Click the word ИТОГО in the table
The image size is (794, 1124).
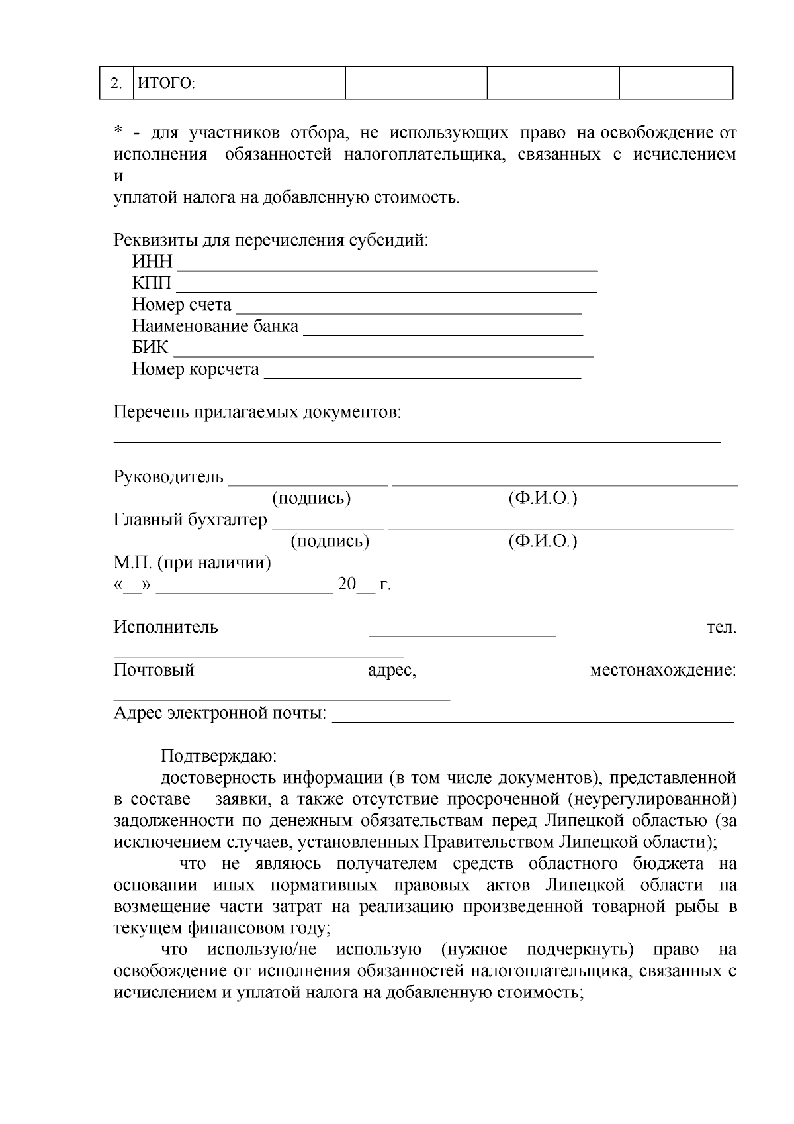point(165,84)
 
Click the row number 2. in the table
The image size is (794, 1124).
point(116,84)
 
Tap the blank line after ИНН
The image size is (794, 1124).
point(388,269)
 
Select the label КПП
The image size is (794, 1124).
point(152,283)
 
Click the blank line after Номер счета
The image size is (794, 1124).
point(409,312)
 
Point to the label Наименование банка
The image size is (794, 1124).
point(215,327)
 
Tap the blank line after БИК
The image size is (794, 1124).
point(383,355)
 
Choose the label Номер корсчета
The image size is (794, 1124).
point(195,369)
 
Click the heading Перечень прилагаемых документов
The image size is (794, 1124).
point(257,413)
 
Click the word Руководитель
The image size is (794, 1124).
point(169,477)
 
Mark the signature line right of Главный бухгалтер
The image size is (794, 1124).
point(328,527)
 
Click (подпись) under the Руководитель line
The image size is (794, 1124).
point(311,499)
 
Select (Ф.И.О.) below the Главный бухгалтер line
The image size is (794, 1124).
point(543,542)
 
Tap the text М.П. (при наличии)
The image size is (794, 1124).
point(192,563)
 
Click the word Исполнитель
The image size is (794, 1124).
point(165,627)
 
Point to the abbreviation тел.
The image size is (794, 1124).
point(721,627)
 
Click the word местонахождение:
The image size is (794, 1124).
point(662,670)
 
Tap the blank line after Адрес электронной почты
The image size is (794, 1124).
point(533,720)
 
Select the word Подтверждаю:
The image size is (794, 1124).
point(218,756)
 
